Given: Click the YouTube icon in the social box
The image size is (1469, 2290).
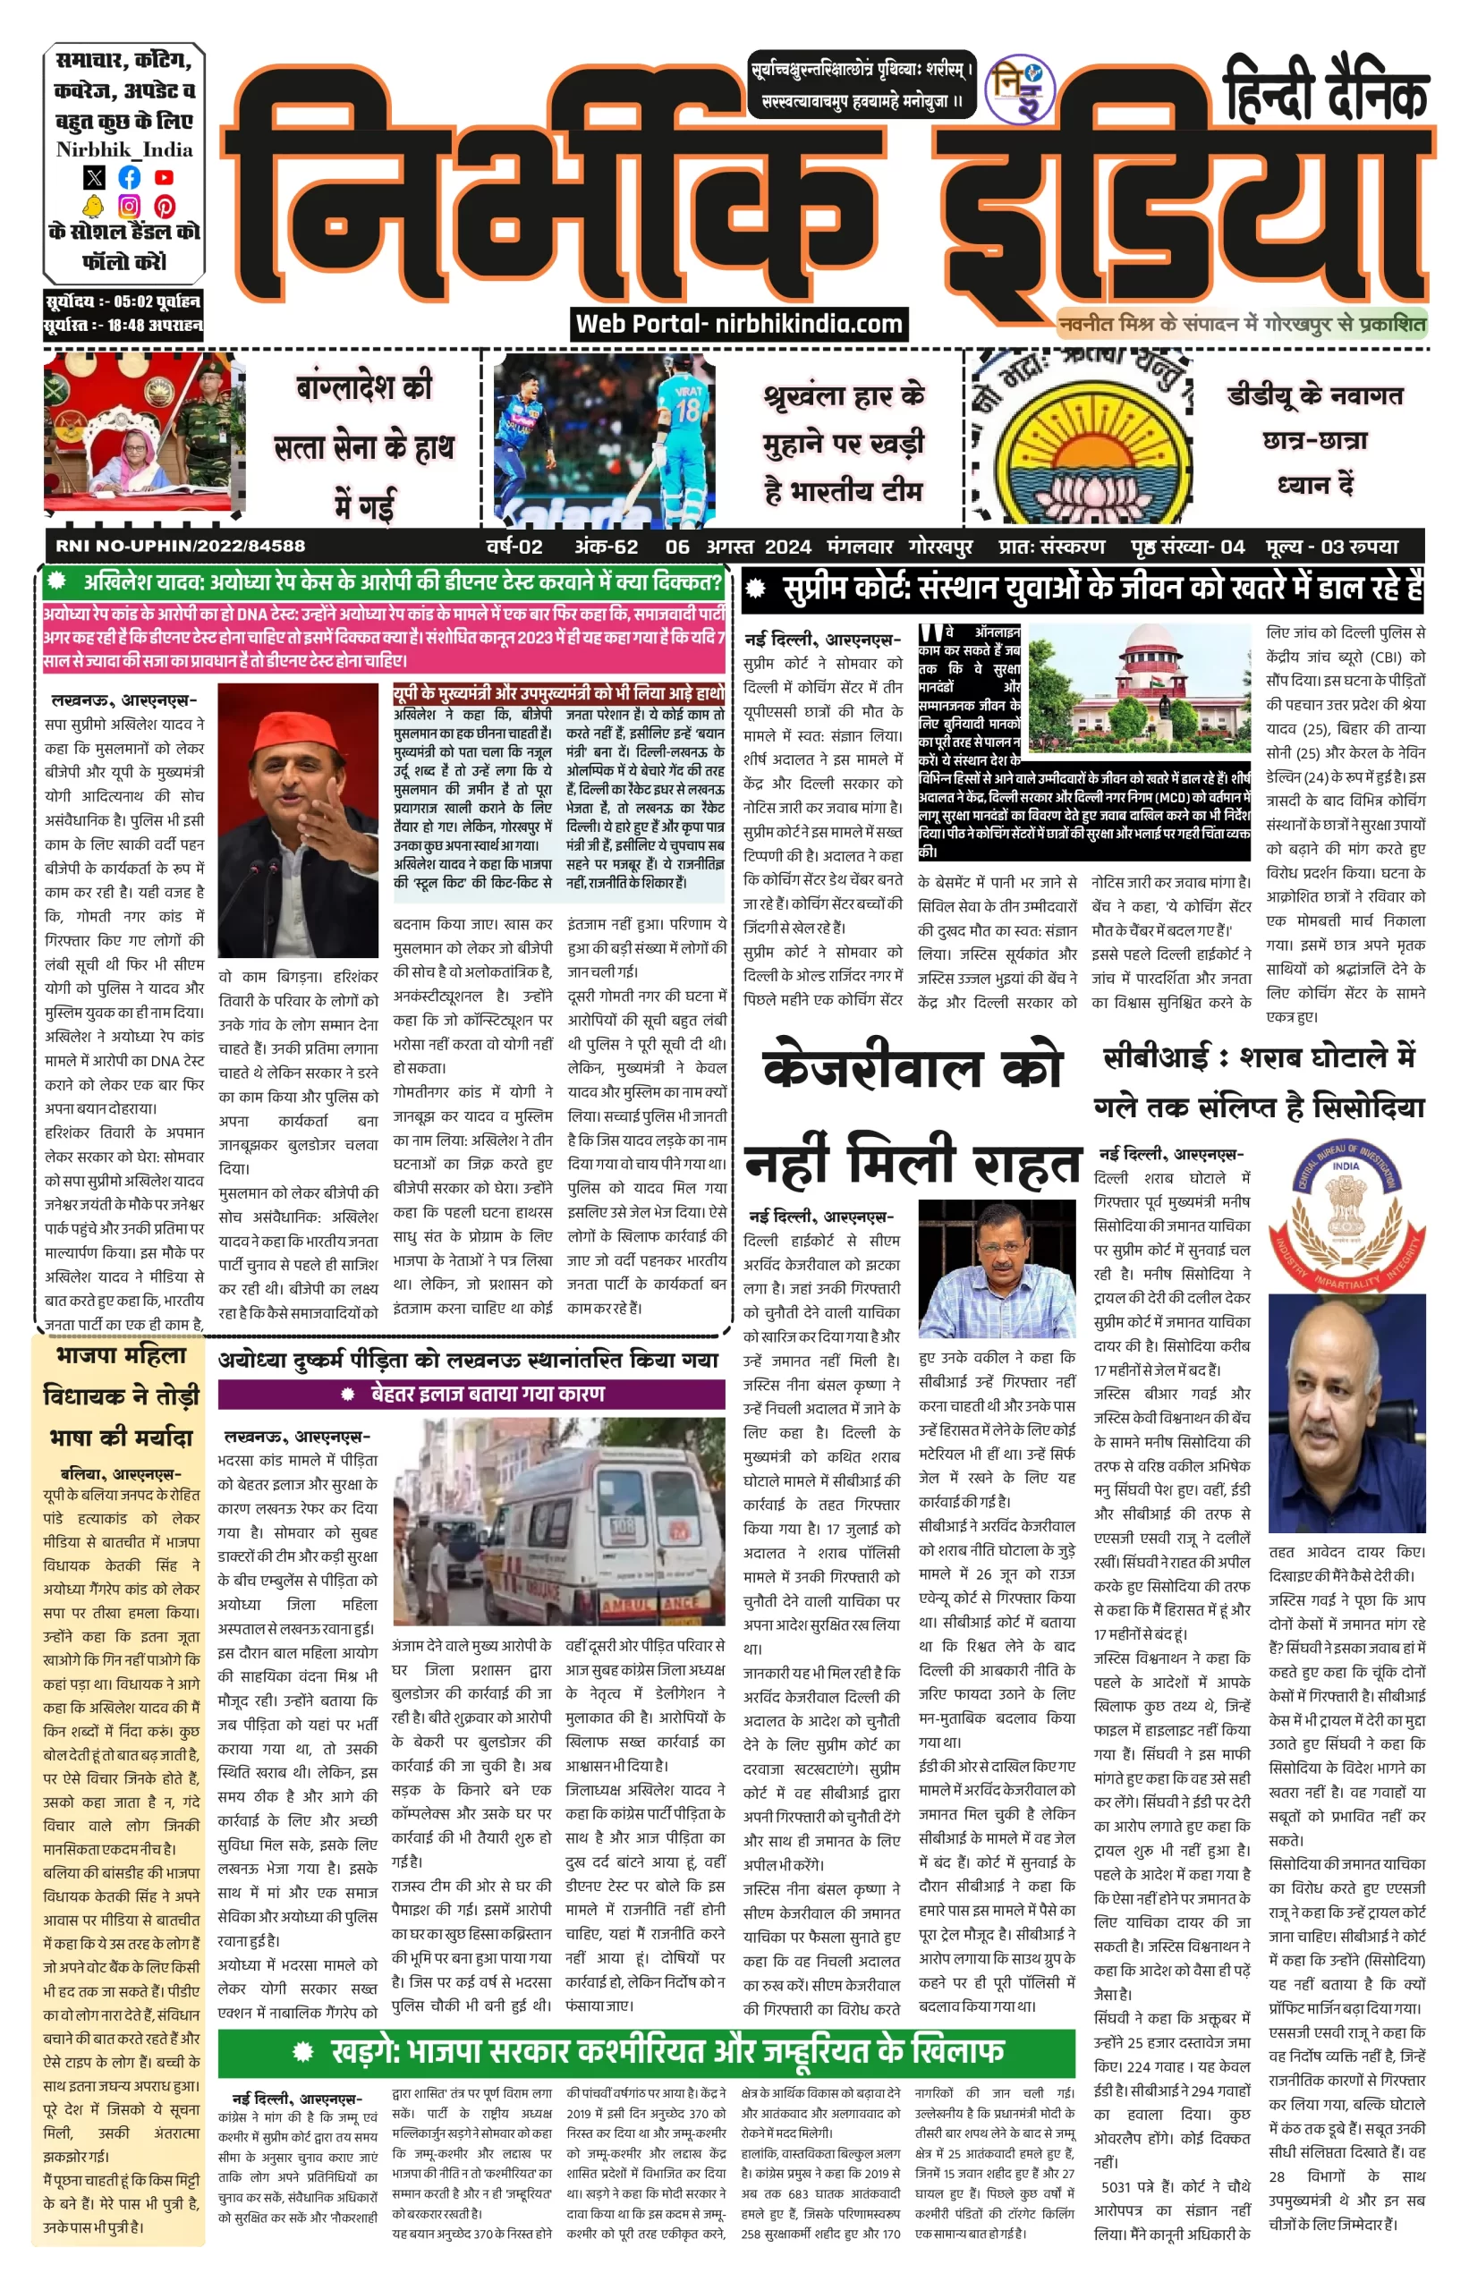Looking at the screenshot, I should coord(164,177).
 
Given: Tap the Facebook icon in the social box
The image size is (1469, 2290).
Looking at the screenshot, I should coord(129,177).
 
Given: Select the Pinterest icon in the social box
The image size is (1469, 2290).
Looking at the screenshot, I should coord(164,206).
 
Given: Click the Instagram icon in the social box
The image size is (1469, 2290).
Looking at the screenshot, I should coord(129,206).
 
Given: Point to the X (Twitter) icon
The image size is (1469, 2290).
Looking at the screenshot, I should coord(93,177).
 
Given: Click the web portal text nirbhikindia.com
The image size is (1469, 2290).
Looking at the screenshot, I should coord(739,325).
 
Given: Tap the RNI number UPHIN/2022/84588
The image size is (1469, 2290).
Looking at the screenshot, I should coord(181,547).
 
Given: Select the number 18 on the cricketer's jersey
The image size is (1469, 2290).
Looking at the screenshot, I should coord(687,411).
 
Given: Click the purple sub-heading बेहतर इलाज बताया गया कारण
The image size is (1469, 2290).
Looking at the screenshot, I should coord(472,1394).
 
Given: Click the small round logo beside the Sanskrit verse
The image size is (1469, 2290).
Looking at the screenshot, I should coord(1020,89).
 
